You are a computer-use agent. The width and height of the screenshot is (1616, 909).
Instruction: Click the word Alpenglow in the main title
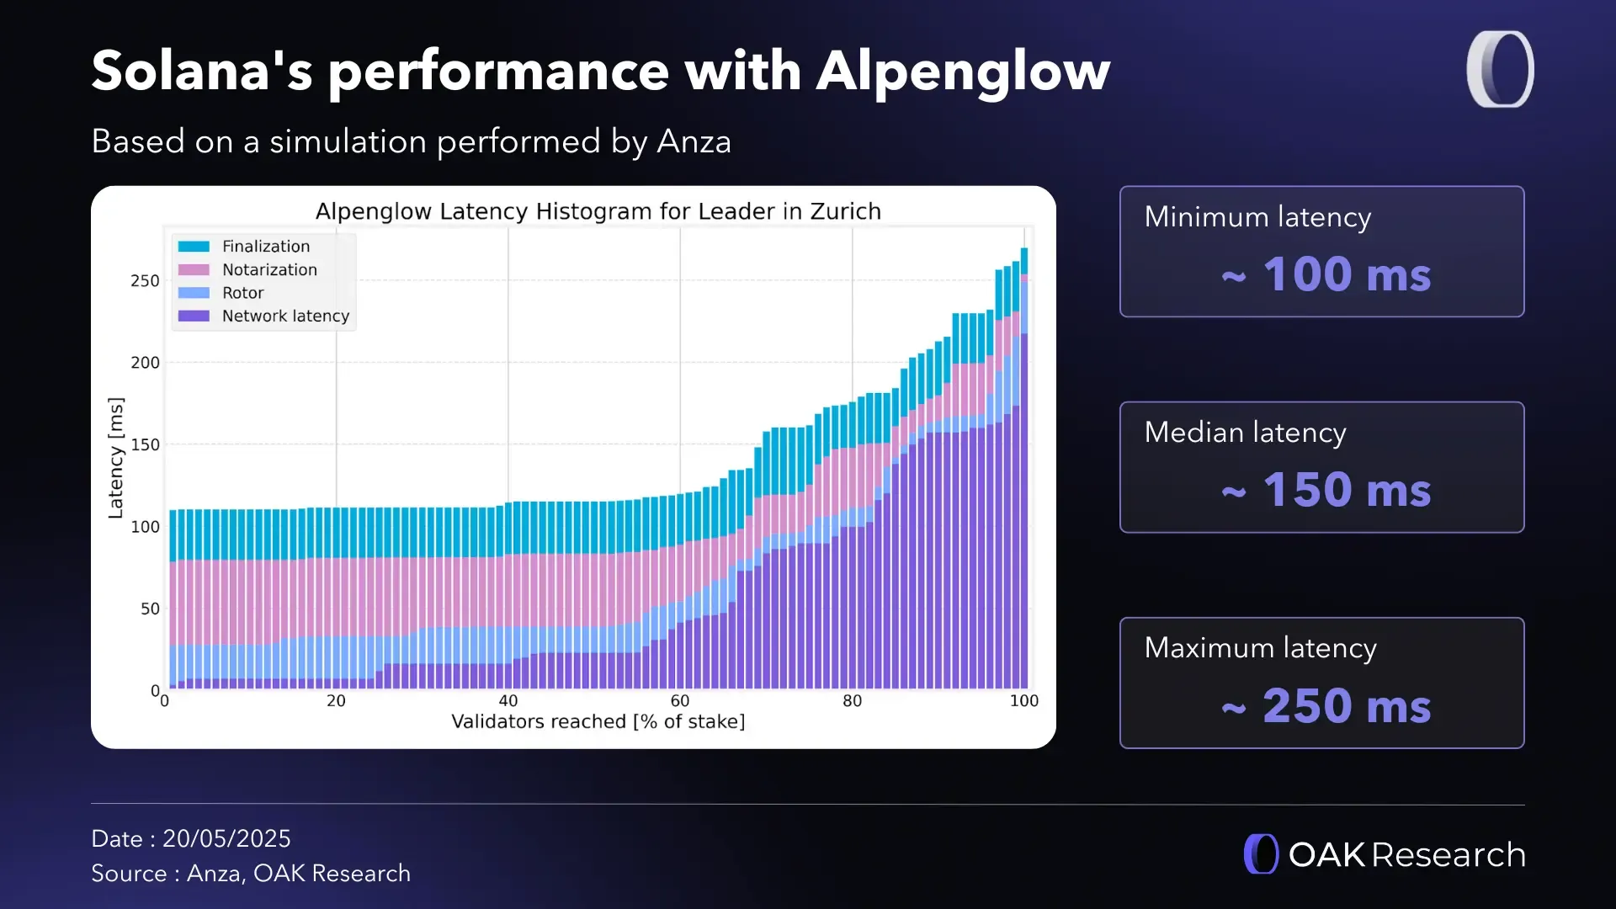coord(963,71)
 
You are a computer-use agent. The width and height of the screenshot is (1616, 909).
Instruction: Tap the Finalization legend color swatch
coord(194,247)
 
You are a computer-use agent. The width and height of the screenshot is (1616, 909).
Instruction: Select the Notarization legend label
coord(269,270)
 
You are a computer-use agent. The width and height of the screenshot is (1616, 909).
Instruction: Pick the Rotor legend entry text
coord(242,293)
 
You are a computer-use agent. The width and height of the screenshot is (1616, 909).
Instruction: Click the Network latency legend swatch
coord(194,316)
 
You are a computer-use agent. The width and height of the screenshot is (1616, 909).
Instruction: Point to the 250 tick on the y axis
coord(145,281)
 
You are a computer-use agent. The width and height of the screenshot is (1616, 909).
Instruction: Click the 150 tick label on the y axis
coord(145,444)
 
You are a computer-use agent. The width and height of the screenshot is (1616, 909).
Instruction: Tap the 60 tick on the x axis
coord(680,701)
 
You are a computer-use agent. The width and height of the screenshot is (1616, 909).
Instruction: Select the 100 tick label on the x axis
coord(1023,701)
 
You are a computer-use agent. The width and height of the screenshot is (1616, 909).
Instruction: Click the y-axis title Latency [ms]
coord(116,458)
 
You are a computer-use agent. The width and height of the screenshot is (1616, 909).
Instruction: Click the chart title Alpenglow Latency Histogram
coord(598,211)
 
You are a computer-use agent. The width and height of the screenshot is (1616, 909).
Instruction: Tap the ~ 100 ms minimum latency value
coord(1326,274)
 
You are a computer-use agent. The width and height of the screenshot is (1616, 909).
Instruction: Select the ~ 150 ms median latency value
coord(1326,490)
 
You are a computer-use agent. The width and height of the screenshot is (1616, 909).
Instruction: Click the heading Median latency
coord(1245,433)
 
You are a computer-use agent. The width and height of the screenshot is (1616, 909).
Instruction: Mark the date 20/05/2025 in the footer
coord(226,839)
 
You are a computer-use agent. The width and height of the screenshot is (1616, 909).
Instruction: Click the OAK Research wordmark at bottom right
coord(1406,855)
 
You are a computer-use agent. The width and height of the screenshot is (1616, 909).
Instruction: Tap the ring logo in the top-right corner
coord(1500,69)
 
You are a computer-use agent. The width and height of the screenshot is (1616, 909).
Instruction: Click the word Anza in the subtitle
coord(694,141)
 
